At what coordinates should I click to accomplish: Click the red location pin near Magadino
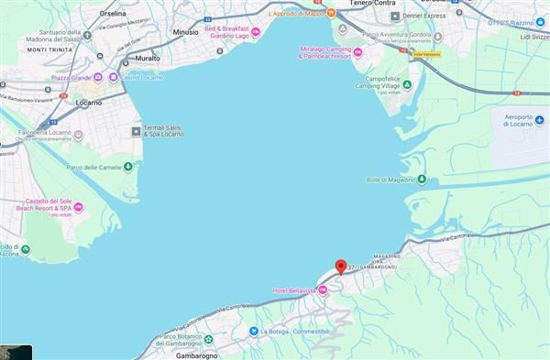point(341,267)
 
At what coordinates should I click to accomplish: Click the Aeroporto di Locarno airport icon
point(539,120)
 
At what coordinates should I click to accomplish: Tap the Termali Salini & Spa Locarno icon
point(137,131)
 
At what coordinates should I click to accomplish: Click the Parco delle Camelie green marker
point(127,167)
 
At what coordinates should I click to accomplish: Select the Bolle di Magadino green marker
point(422,180)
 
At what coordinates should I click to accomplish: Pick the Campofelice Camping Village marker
point(407,84)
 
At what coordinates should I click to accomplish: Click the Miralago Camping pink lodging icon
point(357,51)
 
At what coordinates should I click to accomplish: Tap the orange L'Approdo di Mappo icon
point(331,14)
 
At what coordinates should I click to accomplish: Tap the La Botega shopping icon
point(252,331)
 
